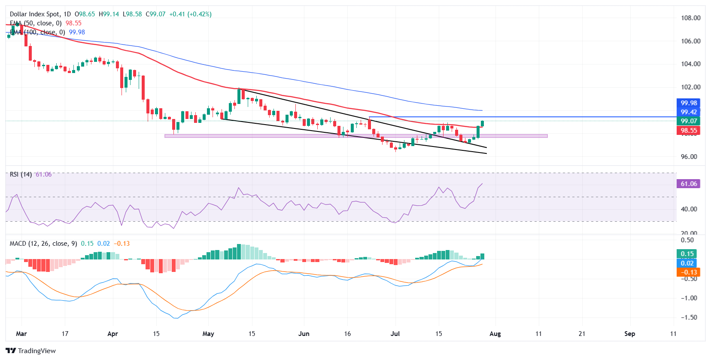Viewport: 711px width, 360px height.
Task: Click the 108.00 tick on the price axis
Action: tap(690, 18)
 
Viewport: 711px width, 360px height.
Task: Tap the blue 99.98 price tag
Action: tap(689, 103)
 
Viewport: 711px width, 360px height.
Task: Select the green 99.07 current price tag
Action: tap(689, 121)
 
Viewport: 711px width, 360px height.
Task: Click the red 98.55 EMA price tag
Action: tap(689, 131)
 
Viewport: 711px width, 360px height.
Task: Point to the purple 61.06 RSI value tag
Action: tap(689, 184)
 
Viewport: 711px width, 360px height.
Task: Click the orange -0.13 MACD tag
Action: tap(689, 272)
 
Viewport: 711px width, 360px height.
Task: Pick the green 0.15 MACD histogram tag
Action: tap(687, 254)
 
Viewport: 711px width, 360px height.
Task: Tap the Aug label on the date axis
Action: tap(495, 334)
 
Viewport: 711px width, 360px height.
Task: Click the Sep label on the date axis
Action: tap(629, 334)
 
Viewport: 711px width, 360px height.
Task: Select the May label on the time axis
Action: tap(208, 334)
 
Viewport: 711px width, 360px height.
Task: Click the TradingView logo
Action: tap(31, 351)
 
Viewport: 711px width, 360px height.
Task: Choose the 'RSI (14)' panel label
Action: tap(21, 174)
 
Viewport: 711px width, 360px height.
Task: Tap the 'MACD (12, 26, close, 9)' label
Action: tap(43, 244)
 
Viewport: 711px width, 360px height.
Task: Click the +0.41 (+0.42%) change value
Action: tap(190, 14)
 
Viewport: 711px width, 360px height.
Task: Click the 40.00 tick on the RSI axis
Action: tap(689, 209)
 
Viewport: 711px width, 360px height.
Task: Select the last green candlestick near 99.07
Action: tap(482, 124)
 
